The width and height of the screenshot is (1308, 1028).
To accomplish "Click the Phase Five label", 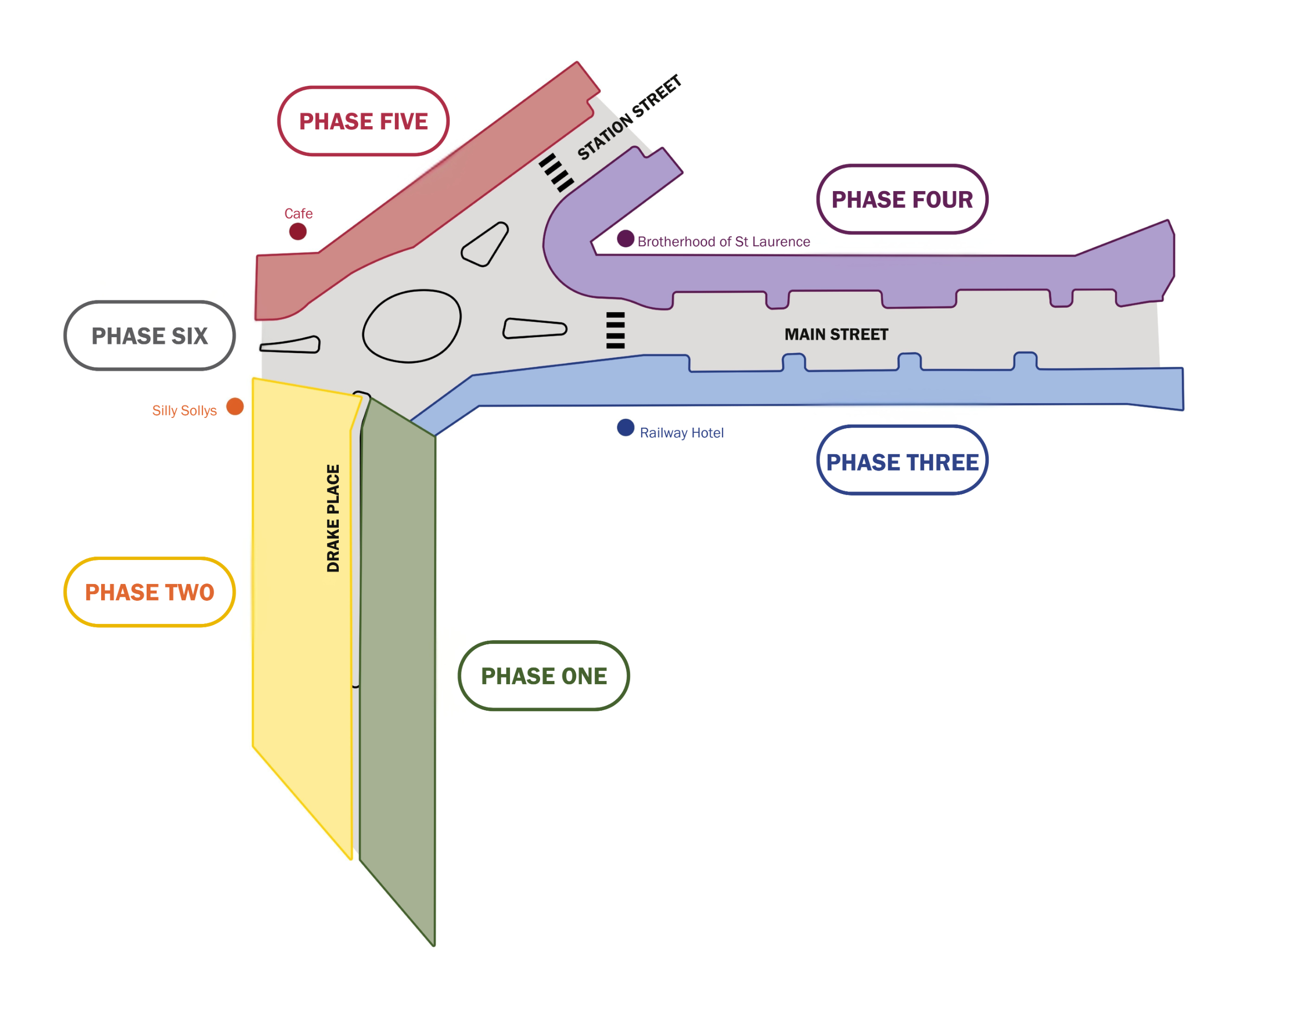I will pyautogui.click(x=363, y=121).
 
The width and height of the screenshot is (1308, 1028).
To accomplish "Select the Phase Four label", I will pyautogui.click(x=902, y=199).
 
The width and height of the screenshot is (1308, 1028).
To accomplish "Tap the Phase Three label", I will pyautogui.click(x=902, y=462).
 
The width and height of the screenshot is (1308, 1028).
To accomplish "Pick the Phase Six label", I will pyautogui.click(x=149, y=336).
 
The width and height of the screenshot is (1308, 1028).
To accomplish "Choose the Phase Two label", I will pyautogui.click(x=149, y=592).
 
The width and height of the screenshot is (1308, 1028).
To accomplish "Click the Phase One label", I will pyautogui.click(x=544, y=676).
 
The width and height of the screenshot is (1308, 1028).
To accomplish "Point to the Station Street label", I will pyautogui.click(x=628, y=118).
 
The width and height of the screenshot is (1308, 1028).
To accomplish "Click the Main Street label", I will pyautogui.click(x=836, y=335).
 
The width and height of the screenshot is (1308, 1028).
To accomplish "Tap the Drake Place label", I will pyautogui.click(x=333, y=518).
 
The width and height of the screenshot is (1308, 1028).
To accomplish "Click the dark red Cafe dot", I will pyautogui.click(x=298, y=231).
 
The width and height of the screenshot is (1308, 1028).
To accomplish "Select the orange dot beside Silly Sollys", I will pyautogui.click(x=235, y=407).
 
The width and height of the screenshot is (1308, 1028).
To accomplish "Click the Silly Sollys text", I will pyautogui.click(x=184, y=410).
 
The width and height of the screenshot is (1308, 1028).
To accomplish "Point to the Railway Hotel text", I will pyautogui.click(x=682, y=433).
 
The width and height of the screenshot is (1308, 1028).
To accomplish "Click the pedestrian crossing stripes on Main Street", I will pyautogui.click(x=615, y=331).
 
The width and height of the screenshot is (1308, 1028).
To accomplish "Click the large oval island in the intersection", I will pyautogui.click(x=412, y=325).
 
